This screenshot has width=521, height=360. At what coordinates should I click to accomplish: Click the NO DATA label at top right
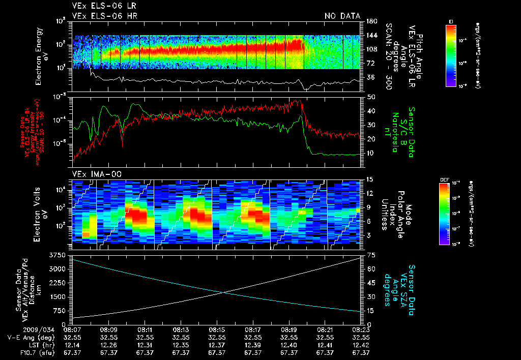click(342, 16)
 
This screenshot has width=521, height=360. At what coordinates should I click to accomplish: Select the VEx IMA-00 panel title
click(93, 174)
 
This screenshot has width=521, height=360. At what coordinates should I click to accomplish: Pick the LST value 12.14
click(73, 344)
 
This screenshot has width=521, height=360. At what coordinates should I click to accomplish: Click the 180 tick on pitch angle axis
click(370, 21)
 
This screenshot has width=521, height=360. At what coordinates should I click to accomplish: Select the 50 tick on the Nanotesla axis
click(371, 97)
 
